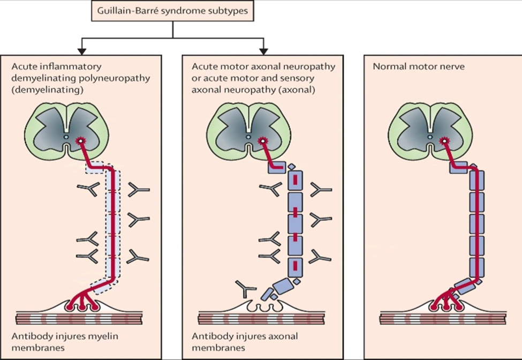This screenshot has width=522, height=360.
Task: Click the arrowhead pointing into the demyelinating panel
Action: (81, 50)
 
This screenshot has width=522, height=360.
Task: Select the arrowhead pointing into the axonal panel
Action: (263, 50)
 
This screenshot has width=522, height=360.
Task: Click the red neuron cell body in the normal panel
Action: (444, 141)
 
